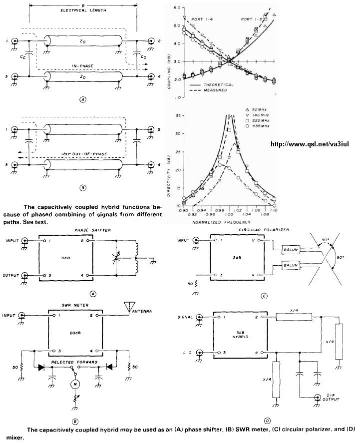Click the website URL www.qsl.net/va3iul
[312, 144]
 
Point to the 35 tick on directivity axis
[173, 115]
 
